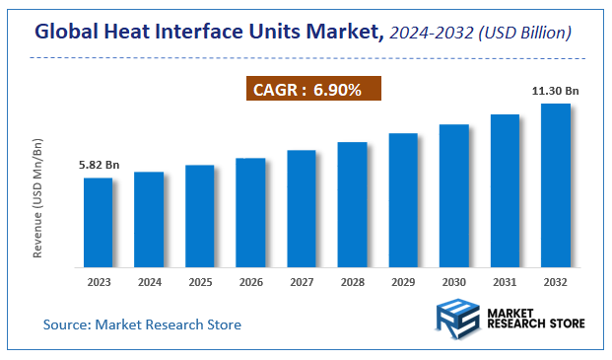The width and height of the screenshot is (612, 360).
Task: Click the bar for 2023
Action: (98, 222)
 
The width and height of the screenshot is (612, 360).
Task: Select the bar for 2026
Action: (250, 212)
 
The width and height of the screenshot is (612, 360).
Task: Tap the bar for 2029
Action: (403, 199)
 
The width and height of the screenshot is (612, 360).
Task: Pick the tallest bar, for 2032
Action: (556, 184)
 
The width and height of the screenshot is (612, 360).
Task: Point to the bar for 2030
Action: (453, 195)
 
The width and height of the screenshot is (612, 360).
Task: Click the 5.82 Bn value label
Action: (98, 165)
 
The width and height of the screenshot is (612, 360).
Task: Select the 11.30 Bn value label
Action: (555, 91)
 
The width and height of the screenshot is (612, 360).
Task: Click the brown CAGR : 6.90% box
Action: (312, 90)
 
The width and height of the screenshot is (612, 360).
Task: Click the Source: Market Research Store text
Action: (142, 324)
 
